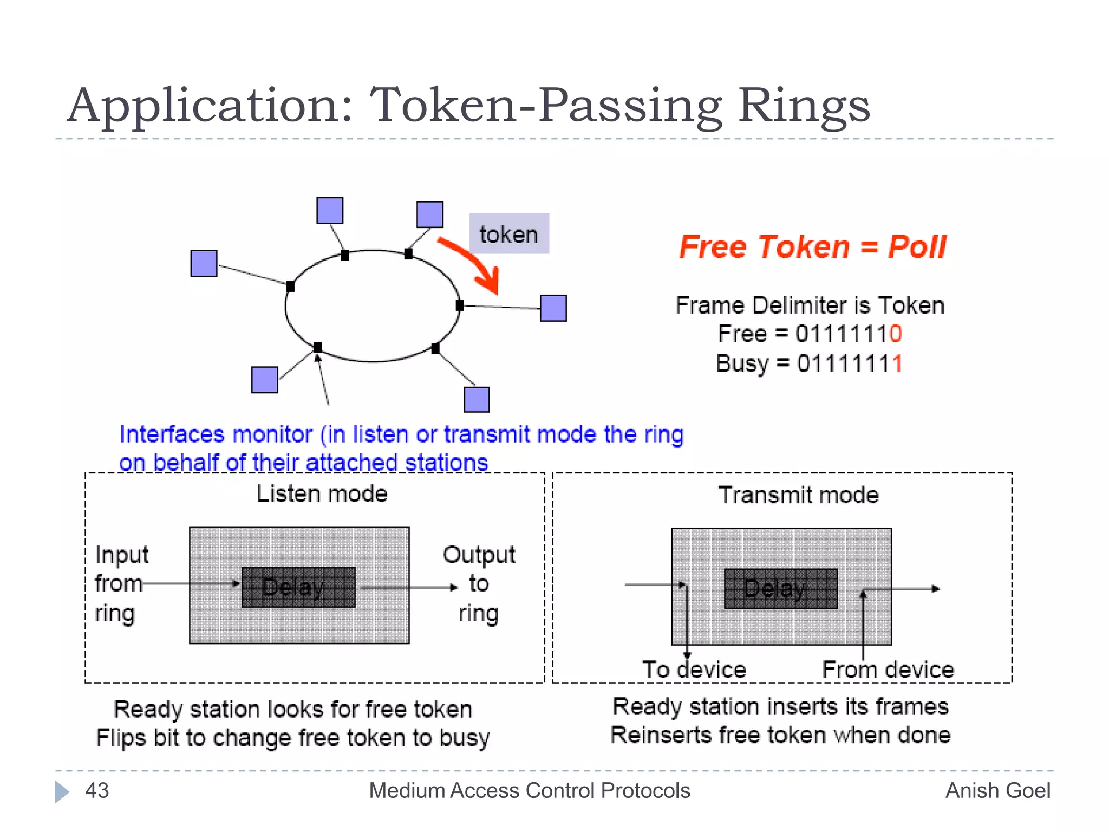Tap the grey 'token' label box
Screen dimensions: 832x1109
click(x=509, y=234)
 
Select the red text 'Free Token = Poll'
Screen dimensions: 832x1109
click(x=812, y=247)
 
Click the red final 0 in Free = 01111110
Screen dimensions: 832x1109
click(x=895, y=334)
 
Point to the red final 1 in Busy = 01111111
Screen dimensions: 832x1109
click(x=897, y=363)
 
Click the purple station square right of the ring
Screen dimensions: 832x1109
click(x=553, y=308)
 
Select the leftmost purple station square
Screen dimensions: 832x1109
click(x=204, y=263)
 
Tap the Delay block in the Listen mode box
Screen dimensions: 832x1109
click(x=298, y=587)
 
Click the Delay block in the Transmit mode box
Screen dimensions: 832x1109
click(x=780, y=588)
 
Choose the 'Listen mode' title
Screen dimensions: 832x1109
click(x=322, y=494)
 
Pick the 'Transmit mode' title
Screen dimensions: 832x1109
click(x=798, y=495)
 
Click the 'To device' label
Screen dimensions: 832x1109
click(x=694, y=669)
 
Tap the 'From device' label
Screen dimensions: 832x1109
click(x=888, y=669)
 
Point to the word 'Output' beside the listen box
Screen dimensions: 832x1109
click(x=479, y=555)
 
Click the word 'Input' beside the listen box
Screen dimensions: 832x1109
click(x=121, y=555)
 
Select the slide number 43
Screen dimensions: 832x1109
click(x=97, y=790)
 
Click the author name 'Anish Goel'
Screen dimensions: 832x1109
click(x=997, y=790)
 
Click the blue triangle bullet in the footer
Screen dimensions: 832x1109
click(x=62, y=791)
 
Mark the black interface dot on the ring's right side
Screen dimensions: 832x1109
click(x=460, y=305)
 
